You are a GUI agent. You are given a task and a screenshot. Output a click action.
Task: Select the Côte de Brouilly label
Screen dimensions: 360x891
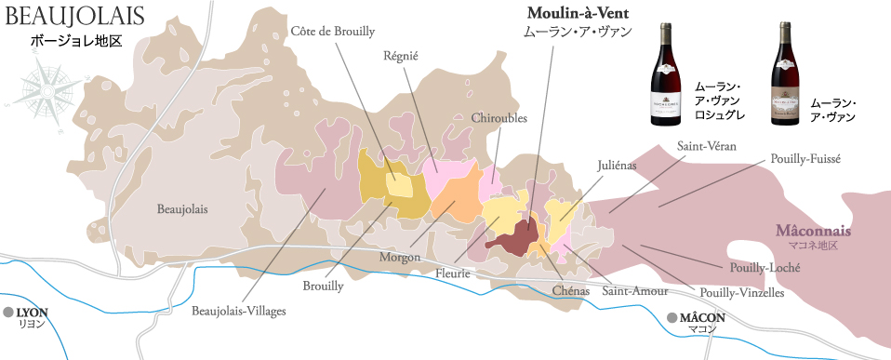333,31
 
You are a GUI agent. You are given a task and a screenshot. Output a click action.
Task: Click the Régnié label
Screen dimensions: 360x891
401,56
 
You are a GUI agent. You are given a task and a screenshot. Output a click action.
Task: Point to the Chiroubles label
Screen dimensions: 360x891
499,118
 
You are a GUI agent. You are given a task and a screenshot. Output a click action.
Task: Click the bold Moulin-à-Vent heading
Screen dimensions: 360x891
578,13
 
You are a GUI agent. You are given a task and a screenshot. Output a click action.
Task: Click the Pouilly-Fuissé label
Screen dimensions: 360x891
800,159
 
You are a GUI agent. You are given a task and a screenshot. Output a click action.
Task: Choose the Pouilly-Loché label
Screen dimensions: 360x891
767,268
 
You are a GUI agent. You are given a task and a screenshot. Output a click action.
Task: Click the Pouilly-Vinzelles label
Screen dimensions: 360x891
740,292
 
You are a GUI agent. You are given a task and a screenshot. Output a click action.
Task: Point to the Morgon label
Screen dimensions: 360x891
399,256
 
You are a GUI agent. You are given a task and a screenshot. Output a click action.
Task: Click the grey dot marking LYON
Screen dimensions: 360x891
8,312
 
